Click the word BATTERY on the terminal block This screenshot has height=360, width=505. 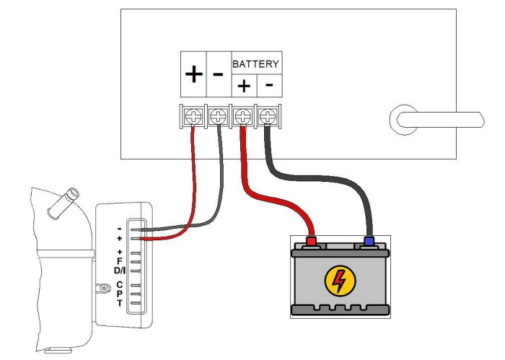tap(255, 63)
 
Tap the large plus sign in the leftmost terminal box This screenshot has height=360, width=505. tap(193, 75)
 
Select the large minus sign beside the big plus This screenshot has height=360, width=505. tap(218, 75)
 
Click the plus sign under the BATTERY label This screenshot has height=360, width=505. tap(243, 87)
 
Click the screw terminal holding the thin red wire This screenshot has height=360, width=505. tap(193, 114)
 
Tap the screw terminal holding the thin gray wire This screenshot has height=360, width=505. tap(218, 114)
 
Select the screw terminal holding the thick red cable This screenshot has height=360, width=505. tap(243, 114)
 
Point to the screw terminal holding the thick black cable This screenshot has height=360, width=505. tap(268, 114)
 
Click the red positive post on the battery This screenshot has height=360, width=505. tap(312, 241)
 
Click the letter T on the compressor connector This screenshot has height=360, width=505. tap(119, 303)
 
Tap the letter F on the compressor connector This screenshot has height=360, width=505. tap(119, 260)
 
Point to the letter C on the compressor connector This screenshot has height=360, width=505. tap(119, 285)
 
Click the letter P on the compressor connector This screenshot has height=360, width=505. tap(119, 294)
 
